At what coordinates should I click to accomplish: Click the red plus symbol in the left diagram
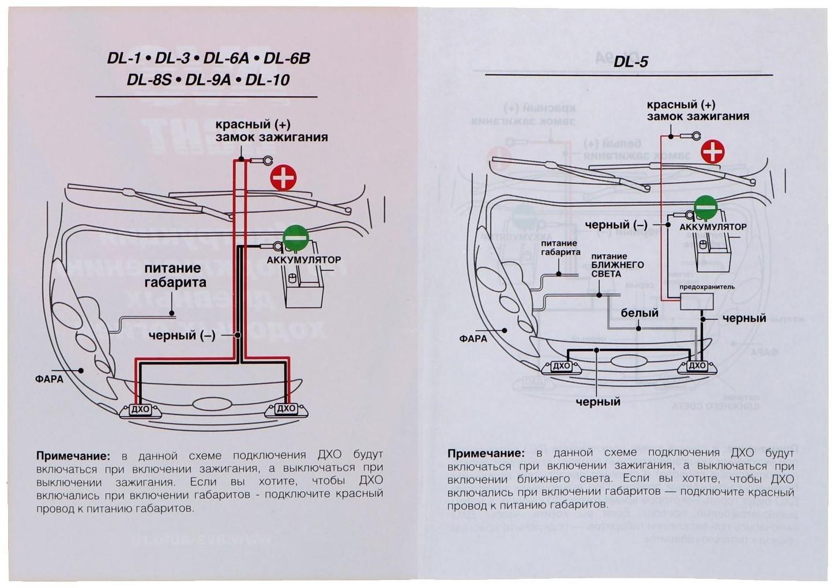click(283, 178)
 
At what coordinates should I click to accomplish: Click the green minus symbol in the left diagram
click(296, 237)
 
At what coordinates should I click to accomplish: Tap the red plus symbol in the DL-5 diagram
click(713, 152)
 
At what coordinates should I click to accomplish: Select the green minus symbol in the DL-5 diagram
click(705, 207)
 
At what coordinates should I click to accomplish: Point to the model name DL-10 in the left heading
click(268, 80)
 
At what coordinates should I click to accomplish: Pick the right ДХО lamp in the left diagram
click(286, 409)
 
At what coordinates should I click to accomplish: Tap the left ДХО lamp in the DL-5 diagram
click(561, 366)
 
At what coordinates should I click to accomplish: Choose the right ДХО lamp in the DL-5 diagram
click(697, 365)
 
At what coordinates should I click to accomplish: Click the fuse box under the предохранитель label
click(697, 301)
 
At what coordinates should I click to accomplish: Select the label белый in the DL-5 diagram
click(640, 312)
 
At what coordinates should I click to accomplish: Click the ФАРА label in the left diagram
click(49, 379)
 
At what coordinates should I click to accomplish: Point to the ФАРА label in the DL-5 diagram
click(473, 338)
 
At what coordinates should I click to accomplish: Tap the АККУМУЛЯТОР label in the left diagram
click(303, 260)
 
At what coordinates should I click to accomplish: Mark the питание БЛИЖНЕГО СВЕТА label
click(617, 265)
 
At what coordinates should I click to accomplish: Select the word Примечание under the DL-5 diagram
click(486, 453)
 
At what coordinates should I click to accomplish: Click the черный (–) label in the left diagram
click(182, 336)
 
